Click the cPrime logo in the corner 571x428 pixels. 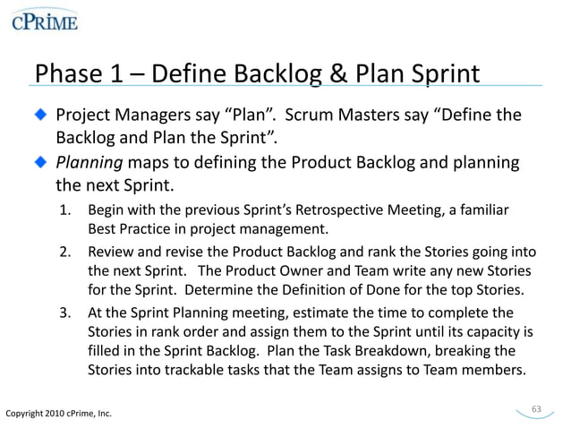click(x=44, y=21)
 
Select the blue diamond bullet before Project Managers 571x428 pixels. click(x=41, y=116)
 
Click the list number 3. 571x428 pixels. click(x=65, y=312)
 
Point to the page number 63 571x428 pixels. click(x=537, y=409)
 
